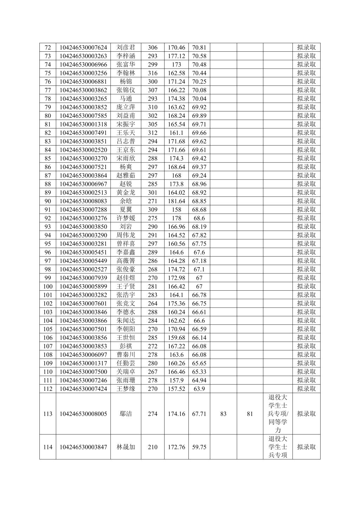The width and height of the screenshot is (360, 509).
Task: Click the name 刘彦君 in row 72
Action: click(x=126, y=47)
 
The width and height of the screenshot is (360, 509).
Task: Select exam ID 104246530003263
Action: click(x=83, y=56)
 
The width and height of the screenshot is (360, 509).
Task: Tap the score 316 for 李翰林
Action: click(x=153, y=73)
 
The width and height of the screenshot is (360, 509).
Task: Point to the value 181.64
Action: click(x=176, y=201)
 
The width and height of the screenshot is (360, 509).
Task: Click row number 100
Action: click(x=48, y=286)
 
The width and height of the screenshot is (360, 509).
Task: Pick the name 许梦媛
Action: click(x=126, y=218)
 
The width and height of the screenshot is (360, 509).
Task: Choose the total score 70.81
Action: click(x=199, y=47)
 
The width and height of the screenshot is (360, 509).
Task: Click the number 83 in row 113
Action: click(x=223, y=414)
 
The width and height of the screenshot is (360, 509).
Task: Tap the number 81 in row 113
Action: click(x=250, y=414)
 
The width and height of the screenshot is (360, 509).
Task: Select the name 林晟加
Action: click(x=126, y=447)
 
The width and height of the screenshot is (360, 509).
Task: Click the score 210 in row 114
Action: click(x=153, y=447)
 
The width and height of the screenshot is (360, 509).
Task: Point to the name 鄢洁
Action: click(x=126, y=414)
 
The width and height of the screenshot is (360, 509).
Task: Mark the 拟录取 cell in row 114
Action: click(x=306, y=447)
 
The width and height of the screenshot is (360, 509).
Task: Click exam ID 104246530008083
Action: click(x=83, y=201)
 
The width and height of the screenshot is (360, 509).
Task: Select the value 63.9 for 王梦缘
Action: click(x=199, y=389)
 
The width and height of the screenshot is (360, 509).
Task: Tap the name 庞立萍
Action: click(x=126, y=107)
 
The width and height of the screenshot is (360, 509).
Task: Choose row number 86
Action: click(x=48, y=167)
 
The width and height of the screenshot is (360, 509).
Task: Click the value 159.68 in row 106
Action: click(x=176, y=337)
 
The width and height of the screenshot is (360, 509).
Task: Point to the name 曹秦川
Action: click(x=126, y=355)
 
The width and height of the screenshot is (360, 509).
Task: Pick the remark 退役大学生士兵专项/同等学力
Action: click(x=278, y=414)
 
